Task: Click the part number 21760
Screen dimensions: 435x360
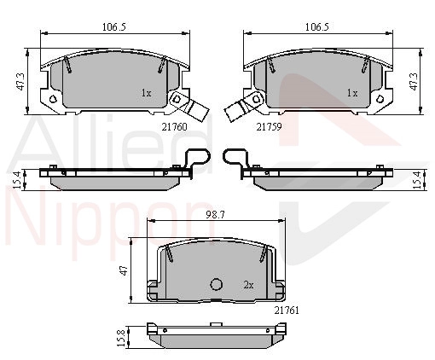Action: point(175,127)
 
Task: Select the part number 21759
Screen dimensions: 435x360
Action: point(269,127)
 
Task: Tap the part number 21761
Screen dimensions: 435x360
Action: point(287,311)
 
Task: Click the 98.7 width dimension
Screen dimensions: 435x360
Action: point(216,215)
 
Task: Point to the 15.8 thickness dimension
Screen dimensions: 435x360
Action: point(121,338)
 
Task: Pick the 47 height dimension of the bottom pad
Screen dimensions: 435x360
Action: point(124,270)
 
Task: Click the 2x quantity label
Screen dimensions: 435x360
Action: point(248,285)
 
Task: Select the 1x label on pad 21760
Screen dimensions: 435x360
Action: point(146,93)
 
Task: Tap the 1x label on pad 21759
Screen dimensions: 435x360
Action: point(352,93)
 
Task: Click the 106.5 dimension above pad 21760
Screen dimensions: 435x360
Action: point(114,27)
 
